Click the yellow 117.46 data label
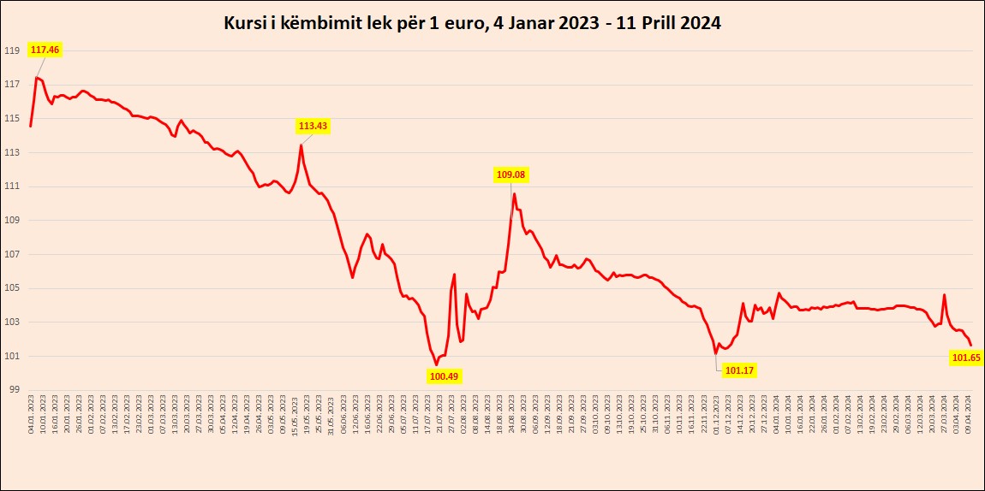click(45, 50)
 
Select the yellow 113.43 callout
click(313, 126)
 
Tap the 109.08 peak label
click(511, 175)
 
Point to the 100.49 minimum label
click(444, 376)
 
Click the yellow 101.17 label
click(739, 370)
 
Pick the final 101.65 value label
click(966, 358)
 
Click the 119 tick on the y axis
click(12, 50)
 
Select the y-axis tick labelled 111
click(12, 186)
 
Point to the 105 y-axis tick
click(12, 288)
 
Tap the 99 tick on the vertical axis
click(12, 390)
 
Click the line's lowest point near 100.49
click(436, 364)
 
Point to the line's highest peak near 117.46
click(36, 78)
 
